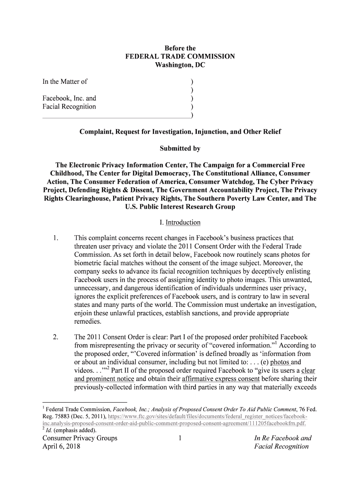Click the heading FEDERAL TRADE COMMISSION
[x=180, y=57]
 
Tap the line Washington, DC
[x=180, y=65]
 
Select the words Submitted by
[x=180, y=149]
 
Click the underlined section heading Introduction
[x=183, y=222]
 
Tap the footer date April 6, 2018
[x=61, y=447]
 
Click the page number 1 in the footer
[x=180, y=438]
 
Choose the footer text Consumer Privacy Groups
[x=80, y=438]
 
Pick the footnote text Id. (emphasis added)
[x=71, y=430]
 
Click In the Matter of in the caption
[x=65, y=81]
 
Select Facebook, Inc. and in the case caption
[x=69, y=98]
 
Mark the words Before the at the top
[x=180, y=48]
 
